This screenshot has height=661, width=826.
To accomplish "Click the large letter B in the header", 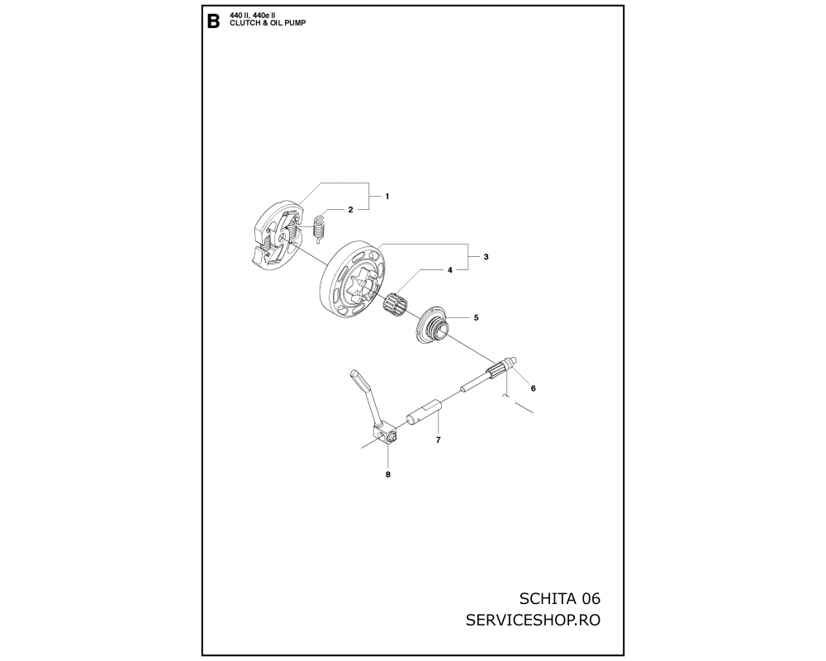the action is tap(213, 22).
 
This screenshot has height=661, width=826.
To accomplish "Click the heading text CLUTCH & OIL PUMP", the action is tap(268, 23).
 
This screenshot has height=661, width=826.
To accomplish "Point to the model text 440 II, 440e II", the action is tap(252, 17).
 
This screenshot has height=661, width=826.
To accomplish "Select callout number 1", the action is tap(387, 197).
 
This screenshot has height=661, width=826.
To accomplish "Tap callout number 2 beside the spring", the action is tap(351, 210).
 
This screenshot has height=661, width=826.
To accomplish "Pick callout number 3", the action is tap(486, 257).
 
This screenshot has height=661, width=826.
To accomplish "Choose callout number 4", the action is tap(450, 270).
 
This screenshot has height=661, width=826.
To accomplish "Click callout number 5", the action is tap(477, 318).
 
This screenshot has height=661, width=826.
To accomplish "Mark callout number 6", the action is tap(533, 388).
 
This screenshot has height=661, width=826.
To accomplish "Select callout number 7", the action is tap(439, 440).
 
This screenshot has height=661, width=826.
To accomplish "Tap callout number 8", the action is tap(388, 474).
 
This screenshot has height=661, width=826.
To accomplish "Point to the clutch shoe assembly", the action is tap(277, 235).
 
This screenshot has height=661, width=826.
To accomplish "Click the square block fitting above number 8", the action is tap(385, 433).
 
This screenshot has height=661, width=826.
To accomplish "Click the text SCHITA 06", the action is tap(559, 599).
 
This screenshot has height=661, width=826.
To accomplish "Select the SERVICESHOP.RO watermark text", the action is tap(533, 620).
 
